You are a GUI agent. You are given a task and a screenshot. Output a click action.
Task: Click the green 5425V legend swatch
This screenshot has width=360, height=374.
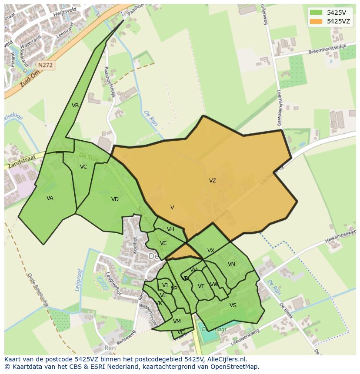[x=316, y=13]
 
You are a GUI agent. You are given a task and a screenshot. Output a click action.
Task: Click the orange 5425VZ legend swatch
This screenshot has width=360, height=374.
[x=316, y=21]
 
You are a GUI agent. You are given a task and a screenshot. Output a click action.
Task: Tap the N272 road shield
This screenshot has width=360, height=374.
[x=45, y=65]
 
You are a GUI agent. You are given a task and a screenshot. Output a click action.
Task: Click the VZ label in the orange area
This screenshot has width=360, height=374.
[x=212, y=181]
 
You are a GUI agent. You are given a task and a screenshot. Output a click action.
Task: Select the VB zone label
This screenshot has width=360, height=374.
[x=75, y=106]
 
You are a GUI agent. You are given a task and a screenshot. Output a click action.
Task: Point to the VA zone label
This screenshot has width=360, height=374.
[x=50, y=198]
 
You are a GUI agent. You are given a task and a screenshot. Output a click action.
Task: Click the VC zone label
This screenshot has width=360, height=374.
[x=83, y=167]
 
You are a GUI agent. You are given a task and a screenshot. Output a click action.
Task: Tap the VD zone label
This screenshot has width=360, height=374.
[x=115, y=199]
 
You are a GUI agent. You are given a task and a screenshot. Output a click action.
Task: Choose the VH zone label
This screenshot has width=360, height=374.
[x=170, y=229]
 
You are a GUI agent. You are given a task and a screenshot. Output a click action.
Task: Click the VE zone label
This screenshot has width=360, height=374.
[x=163, y=243]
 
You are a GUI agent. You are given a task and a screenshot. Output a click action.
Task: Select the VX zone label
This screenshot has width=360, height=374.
[x=211, y=251]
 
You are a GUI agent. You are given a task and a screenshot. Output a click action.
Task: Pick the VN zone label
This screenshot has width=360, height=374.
[x=231, y=264]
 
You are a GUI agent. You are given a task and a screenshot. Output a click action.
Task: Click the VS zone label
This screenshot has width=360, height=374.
[x=233, y=305]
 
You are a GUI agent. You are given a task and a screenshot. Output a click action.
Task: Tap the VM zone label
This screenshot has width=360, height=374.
[x=177, y=321]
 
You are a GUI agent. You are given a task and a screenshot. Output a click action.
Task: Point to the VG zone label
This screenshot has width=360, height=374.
[x=181, y=332]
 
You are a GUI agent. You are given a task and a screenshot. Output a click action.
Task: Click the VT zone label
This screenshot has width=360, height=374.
[x=201, y=286]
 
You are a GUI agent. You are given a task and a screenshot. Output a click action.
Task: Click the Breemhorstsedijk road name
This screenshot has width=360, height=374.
[x=327, y=49]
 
